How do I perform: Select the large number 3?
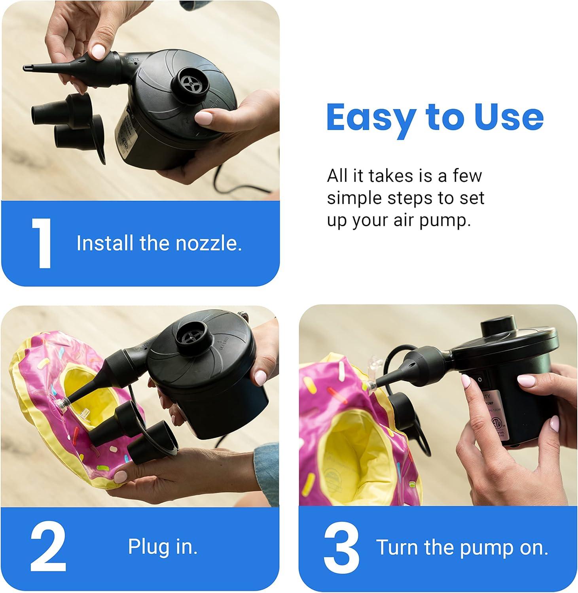tap(341, 548)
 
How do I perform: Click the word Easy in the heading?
tap(370, 118)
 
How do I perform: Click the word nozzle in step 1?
tap(208, 243)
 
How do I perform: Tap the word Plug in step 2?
tap(146, 547)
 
